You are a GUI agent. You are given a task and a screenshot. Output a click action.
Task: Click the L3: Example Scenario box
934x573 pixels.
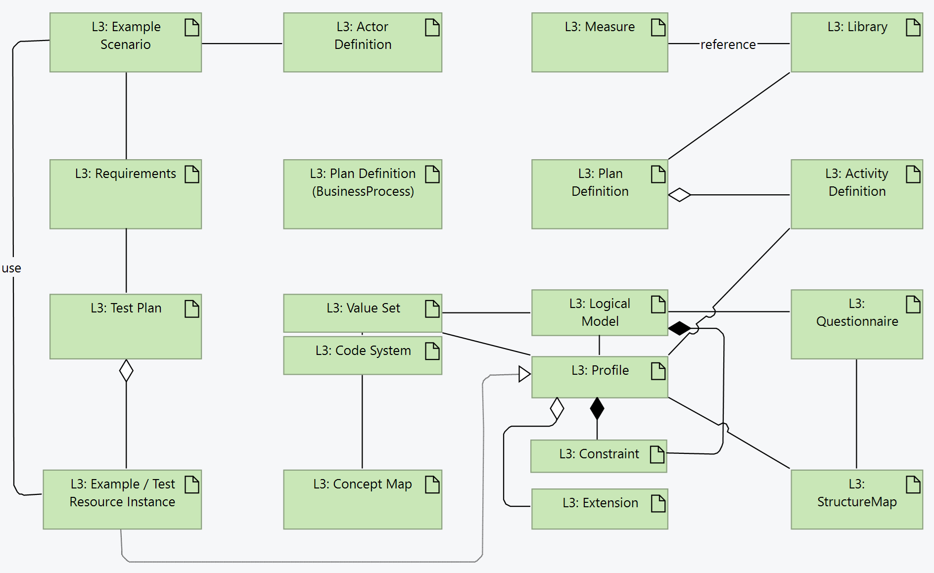click(126, 43)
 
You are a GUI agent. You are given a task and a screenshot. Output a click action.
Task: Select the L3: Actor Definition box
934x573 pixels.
click(362, 43)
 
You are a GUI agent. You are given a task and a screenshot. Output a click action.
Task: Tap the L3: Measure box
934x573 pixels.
click(600, 43)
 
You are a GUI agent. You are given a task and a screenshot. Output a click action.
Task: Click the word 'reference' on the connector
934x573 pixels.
click(728, 44)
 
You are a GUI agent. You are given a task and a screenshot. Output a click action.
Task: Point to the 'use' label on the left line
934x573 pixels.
click(11, 268)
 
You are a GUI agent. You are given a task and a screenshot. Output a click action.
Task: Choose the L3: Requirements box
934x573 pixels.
click(126, 194)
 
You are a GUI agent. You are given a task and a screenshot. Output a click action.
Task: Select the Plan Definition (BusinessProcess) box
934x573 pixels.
click(362, 194)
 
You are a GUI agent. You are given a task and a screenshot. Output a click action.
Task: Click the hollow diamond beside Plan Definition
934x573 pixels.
click(680, 195)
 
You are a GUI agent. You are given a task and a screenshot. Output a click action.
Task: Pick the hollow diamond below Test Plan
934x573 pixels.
click(126, 370)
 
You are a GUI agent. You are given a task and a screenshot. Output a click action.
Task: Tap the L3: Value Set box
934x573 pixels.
click(362, 313)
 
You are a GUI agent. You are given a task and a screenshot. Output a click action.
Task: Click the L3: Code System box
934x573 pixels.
click(362, 355)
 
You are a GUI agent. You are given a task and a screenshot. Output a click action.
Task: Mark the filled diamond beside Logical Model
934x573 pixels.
click(680, 328)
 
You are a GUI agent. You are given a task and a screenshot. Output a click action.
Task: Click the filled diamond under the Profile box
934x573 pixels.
click(597, 408)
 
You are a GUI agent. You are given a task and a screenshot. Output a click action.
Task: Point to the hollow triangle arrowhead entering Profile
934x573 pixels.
click(524, 374)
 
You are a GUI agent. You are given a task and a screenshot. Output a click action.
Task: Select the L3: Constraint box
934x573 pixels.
click(599, 456)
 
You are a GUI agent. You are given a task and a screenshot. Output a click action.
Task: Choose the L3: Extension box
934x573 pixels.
click(600, 509)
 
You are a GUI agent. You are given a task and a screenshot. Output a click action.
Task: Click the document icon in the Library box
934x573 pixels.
click(913, 28)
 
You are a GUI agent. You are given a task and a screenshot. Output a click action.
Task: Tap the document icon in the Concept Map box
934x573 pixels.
click(432, 485)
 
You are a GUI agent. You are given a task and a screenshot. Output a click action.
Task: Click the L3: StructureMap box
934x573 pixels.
click(856, 499)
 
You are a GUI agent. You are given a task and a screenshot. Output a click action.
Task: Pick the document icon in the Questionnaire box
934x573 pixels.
click(913, 305)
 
